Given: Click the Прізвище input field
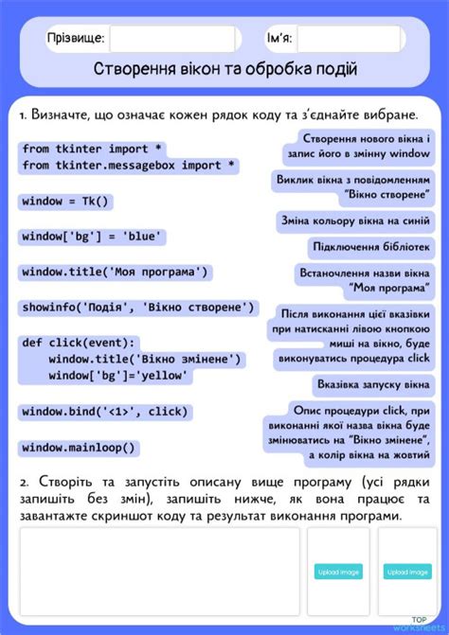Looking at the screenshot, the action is [172, 39].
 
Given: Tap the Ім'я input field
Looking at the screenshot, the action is [350, 39].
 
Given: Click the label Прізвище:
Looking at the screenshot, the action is [76, 39].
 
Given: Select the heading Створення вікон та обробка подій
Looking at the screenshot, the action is [224, 69].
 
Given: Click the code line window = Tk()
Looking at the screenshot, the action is [66, 202].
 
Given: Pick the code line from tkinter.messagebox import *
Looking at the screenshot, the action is [129, 166].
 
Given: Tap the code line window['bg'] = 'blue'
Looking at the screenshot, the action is [92, 237].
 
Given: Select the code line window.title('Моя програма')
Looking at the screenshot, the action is [115, 273].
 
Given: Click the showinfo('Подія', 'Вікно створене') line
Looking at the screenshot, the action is [138, 308].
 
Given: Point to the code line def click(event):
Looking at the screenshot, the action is [80, 344].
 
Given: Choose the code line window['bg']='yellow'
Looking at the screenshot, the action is [117, 376].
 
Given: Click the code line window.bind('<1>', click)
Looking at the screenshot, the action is [104, 412].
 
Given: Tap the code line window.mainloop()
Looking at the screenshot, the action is [80, 448].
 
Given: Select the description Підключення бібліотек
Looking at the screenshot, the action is [371, 248].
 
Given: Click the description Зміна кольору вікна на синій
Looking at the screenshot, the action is [355, 221].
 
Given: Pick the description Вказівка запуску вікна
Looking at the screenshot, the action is [373, 386].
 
